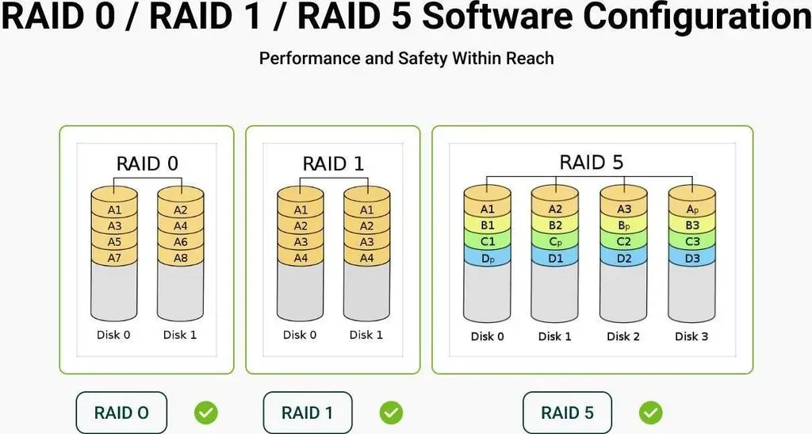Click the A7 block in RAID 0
[114, 257]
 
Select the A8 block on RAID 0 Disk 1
[181, 257]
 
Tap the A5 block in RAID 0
[114, 242]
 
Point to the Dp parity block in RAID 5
[488, 257]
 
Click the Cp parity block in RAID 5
[554, 241]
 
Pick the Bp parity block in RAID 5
[623, 225]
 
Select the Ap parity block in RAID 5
[692, 209]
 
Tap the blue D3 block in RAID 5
[692, 257]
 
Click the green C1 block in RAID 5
[488, 241]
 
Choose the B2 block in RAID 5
[554, 225]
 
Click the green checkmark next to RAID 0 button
[206, 413]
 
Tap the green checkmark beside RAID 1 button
[391, 413]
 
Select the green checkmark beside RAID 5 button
[650, 413]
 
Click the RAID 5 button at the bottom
[567, 413]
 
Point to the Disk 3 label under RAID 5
[691, 336]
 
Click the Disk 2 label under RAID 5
[623, 336]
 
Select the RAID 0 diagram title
[147, 163]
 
